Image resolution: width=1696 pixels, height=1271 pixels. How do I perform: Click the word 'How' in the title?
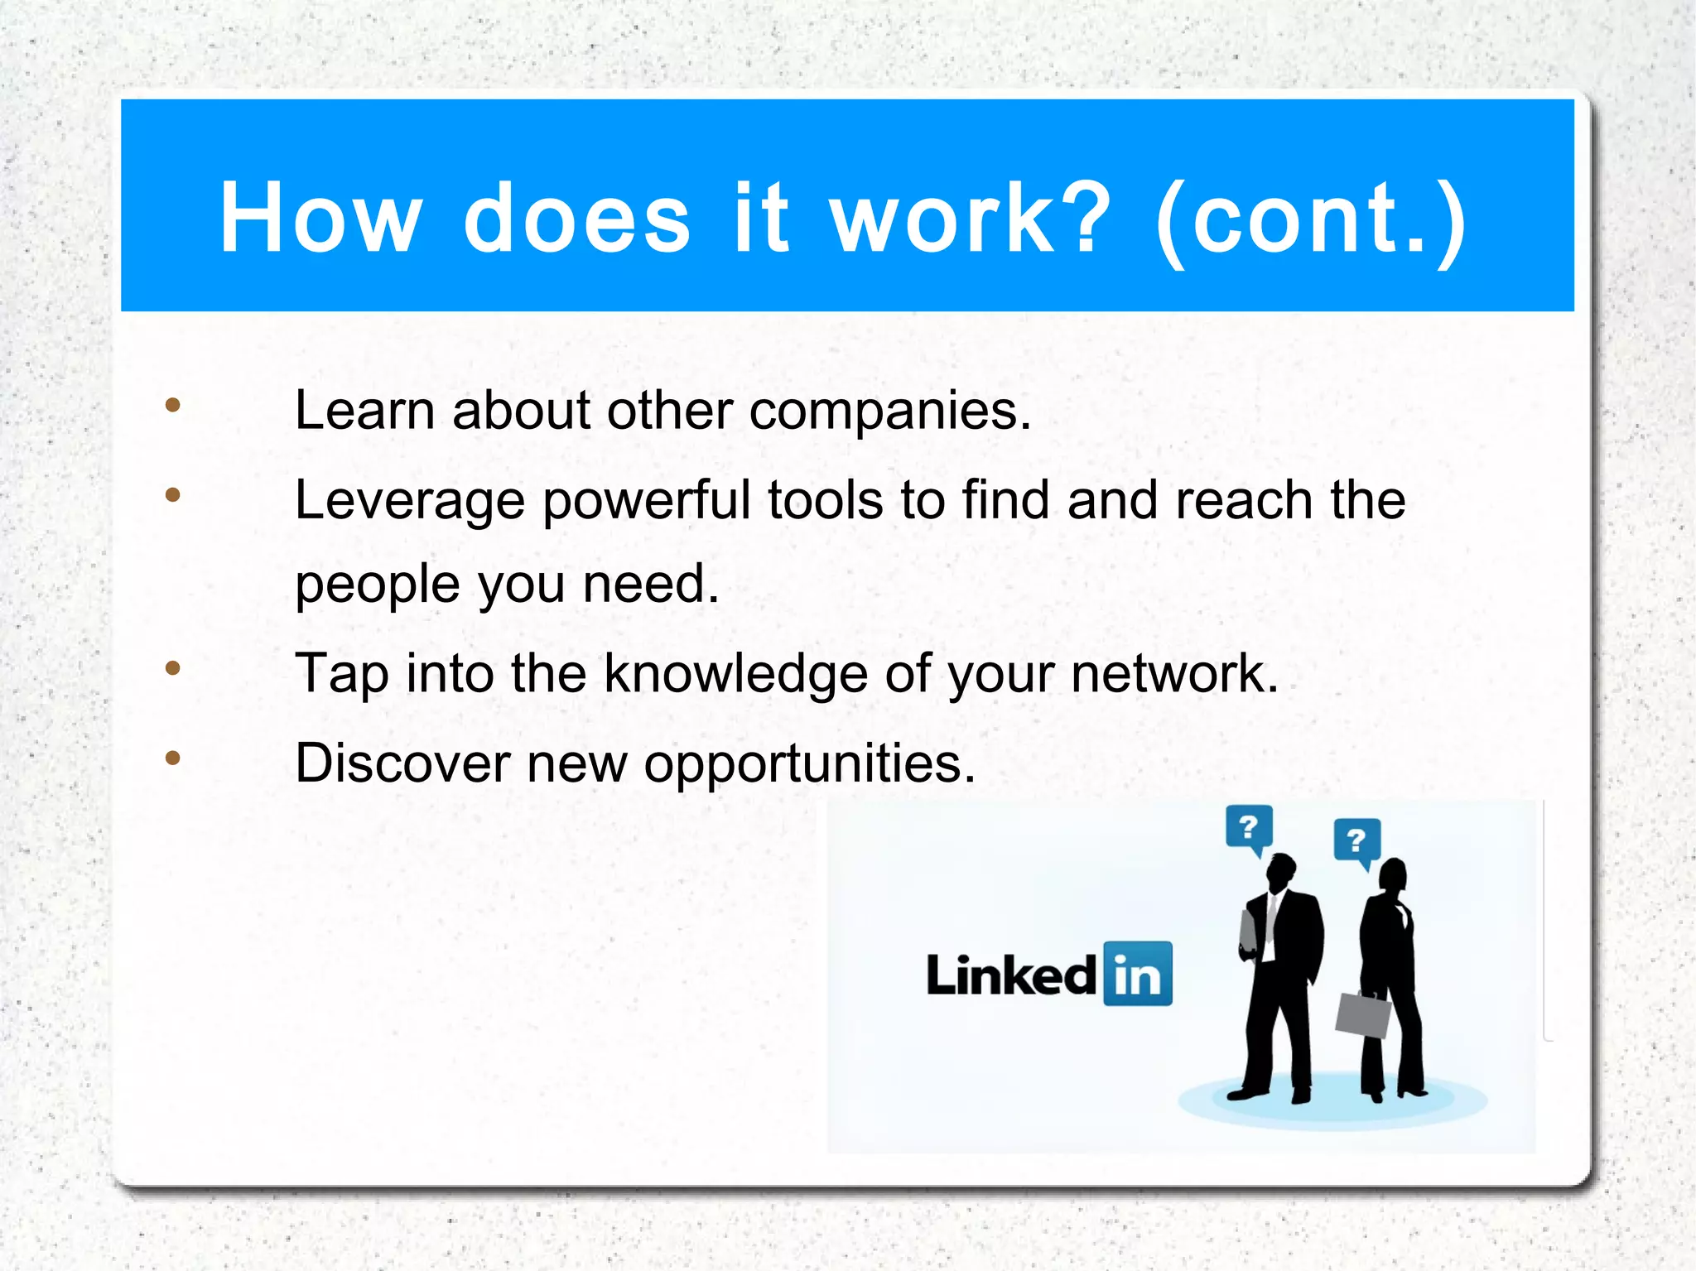[x=320, y=218]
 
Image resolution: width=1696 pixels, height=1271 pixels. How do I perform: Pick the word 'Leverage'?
[x=410, y=502]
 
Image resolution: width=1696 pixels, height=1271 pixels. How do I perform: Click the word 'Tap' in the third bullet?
[x=341, y=674]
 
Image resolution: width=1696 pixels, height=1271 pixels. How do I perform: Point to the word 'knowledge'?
[x=735, y=674]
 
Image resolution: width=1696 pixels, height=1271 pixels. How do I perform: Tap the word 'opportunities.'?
[x=810, y=764]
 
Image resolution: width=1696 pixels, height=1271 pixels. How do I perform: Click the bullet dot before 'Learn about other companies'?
[x=172, y=405]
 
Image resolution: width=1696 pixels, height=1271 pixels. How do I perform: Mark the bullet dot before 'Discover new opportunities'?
[x=172, y=758]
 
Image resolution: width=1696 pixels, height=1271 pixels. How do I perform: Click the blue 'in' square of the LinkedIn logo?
[x=1138, y=975]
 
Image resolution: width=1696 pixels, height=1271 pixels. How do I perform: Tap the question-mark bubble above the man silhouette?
[x=1249, y=828]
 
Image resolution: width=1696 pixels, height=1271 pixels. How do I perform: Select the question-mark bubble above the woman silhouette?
[x=1356, y=841]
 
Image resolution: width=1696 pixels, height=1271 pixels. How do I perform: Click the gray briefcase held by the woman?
[x=1363, y=1014]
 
